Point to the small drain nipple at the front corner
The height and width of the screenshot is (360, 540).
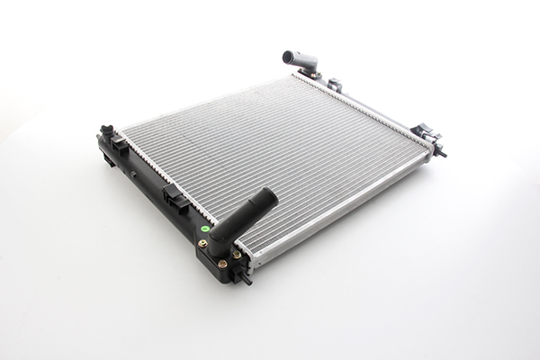click(245, 279)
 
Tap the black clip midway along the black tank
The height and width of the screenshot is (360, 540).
click(175, 198)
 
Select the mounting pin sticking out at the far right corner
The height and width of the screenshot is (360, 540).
click(441, 153)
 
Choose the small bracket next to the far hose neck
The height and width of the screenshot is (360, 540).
click(335, 85)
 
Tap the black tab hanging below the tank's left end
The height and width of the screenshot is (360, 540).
click(108, 160)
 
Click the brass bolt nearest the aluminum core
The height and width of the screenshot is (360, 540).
click(237, 255)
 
